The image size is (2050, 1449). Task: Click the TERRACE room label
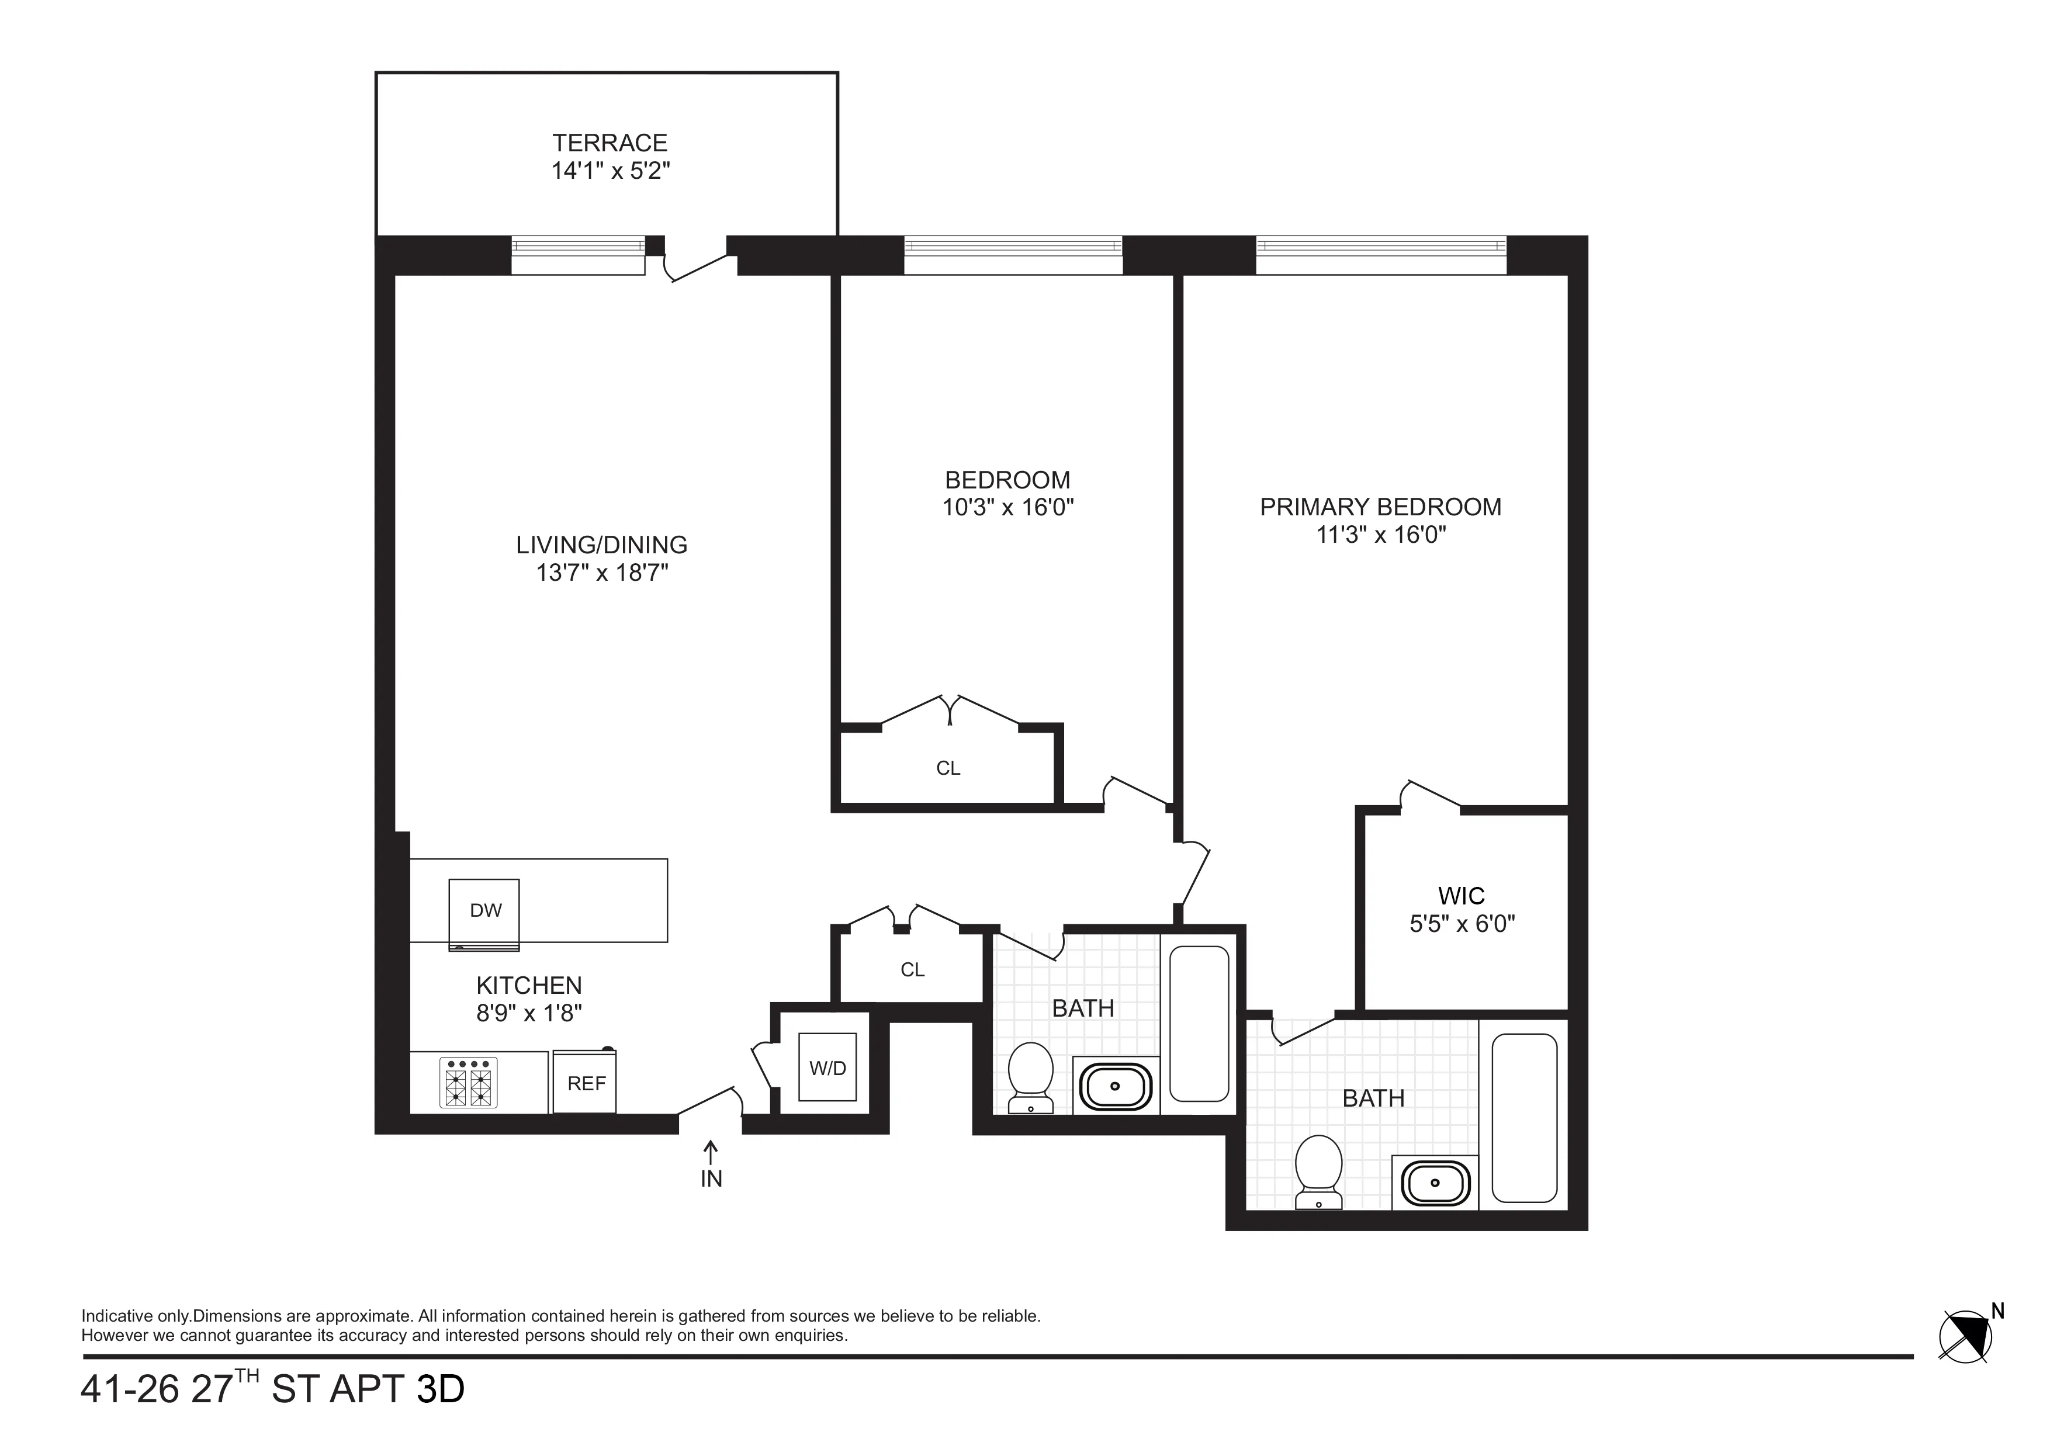(610, 143)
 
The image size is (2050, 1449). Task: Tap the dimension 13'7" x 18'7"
(602, 572)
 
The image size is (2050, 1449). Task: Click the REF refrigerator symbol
(586, 1083)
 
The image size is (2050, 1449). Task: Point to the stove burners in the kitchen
(469, 1082)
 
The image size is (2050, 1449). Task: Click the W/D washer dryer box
(827, 1068)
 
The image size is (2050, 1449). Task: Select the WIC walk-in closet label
(1462, 896)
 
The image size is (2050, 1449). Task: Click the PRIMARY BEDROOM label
(1380, 507)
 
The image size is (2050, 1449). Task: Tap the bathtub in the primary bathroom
(1524, 1118)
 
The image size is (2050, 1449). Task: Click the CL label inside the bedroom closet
(948, 768)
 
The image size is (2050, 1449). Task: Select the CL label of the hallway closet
(912, 969)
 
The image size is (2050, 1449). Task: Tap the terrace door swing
(698, 266)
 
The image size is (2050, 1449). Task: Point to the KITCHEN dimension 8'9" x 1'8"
(529, 1013)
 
